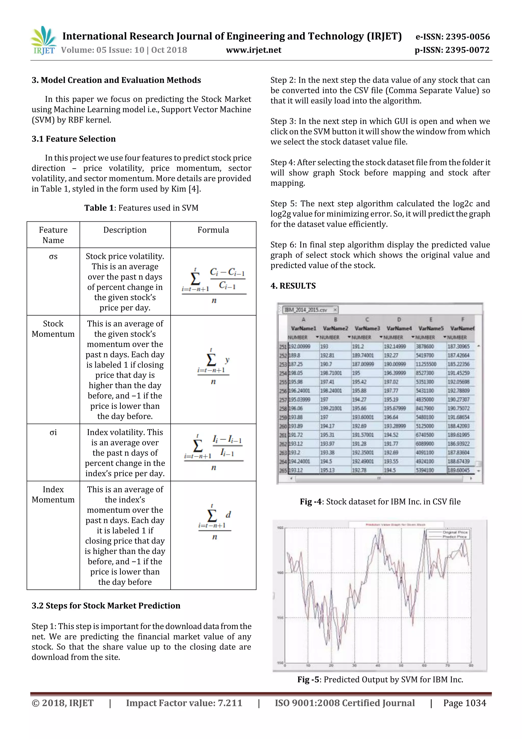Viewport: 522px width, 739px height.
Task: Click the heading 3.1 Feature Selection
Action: (74, 139)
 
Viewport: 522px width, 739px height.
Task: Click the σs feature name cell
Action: (53, 257)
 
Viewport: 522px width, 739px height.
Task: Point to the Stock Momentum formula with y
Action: (213, 366)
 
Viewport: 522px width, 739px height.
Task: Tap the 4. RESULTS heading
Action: (293, 286)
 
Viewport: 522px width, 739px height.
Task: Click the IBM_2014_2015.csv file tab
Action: (306, 310)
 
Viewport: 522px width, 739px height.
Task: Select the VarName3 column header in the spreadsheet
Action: (367, 328)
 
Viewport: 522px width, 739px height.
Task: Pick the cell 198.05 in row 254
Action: (296, 373)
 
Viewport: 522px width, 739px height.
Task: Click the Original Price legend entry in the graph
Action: (455, 532)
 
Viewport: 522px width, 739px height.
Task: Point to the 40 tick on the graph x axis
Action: (378, 665)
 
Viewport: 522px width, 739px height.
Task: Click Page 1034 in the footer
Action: (464, 703)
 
